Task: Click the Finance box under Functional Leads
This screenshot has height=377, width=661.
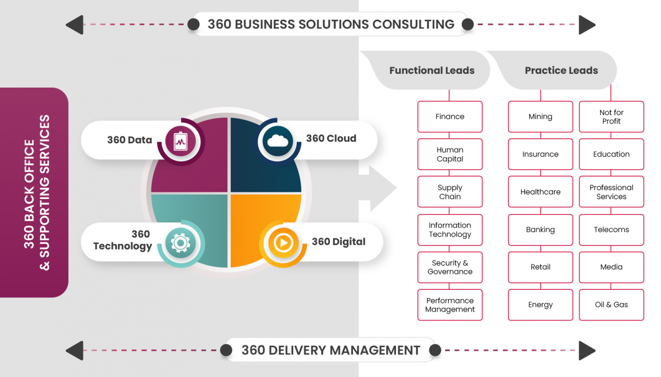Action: click(450, 117)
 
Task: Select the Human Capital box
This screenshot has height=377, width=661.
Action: click(450, 154)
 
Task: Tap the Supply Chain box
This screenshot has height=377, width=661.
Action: click(450, 192)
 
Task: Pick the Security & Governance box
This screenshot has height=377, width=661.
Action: click(450, 267)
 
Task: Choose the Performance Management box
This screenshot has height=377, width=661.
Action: click(450, 305)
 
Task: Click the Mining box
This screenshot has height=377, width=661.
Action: click(540, 117)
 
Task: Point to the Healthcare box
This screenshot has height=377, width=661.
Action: click(540, 192)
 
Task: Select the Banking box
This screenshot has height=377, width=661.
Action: click(540, 230)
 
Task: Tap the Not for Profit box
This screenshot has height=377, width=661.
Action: click(611, 117)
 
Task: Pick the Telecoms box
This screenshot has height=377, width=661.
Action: click(611, 230)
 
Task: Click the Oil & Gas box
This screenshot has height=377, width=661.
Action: click(611, 305)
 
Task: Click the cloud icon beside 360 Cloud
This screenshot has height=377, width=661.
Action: click(277, 140)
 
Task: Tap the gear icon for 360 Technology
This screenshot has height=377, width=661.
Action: click(180, 243)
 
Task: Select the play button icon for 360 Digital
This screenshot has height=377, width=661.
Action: click(283, 242)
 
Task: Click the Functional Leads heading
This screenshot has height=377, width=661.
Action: click(432, 71)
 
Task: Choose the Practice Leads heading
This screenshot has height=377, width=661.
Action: click(561, 71)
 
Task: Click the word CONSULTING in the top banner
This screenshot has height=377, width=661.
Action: click(413, 24)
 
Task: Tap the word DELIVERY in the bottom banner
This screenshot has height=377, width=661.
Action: click(297, 350)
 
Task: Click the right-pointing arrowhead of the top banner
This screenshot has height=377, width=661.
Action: click(587, 25)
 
